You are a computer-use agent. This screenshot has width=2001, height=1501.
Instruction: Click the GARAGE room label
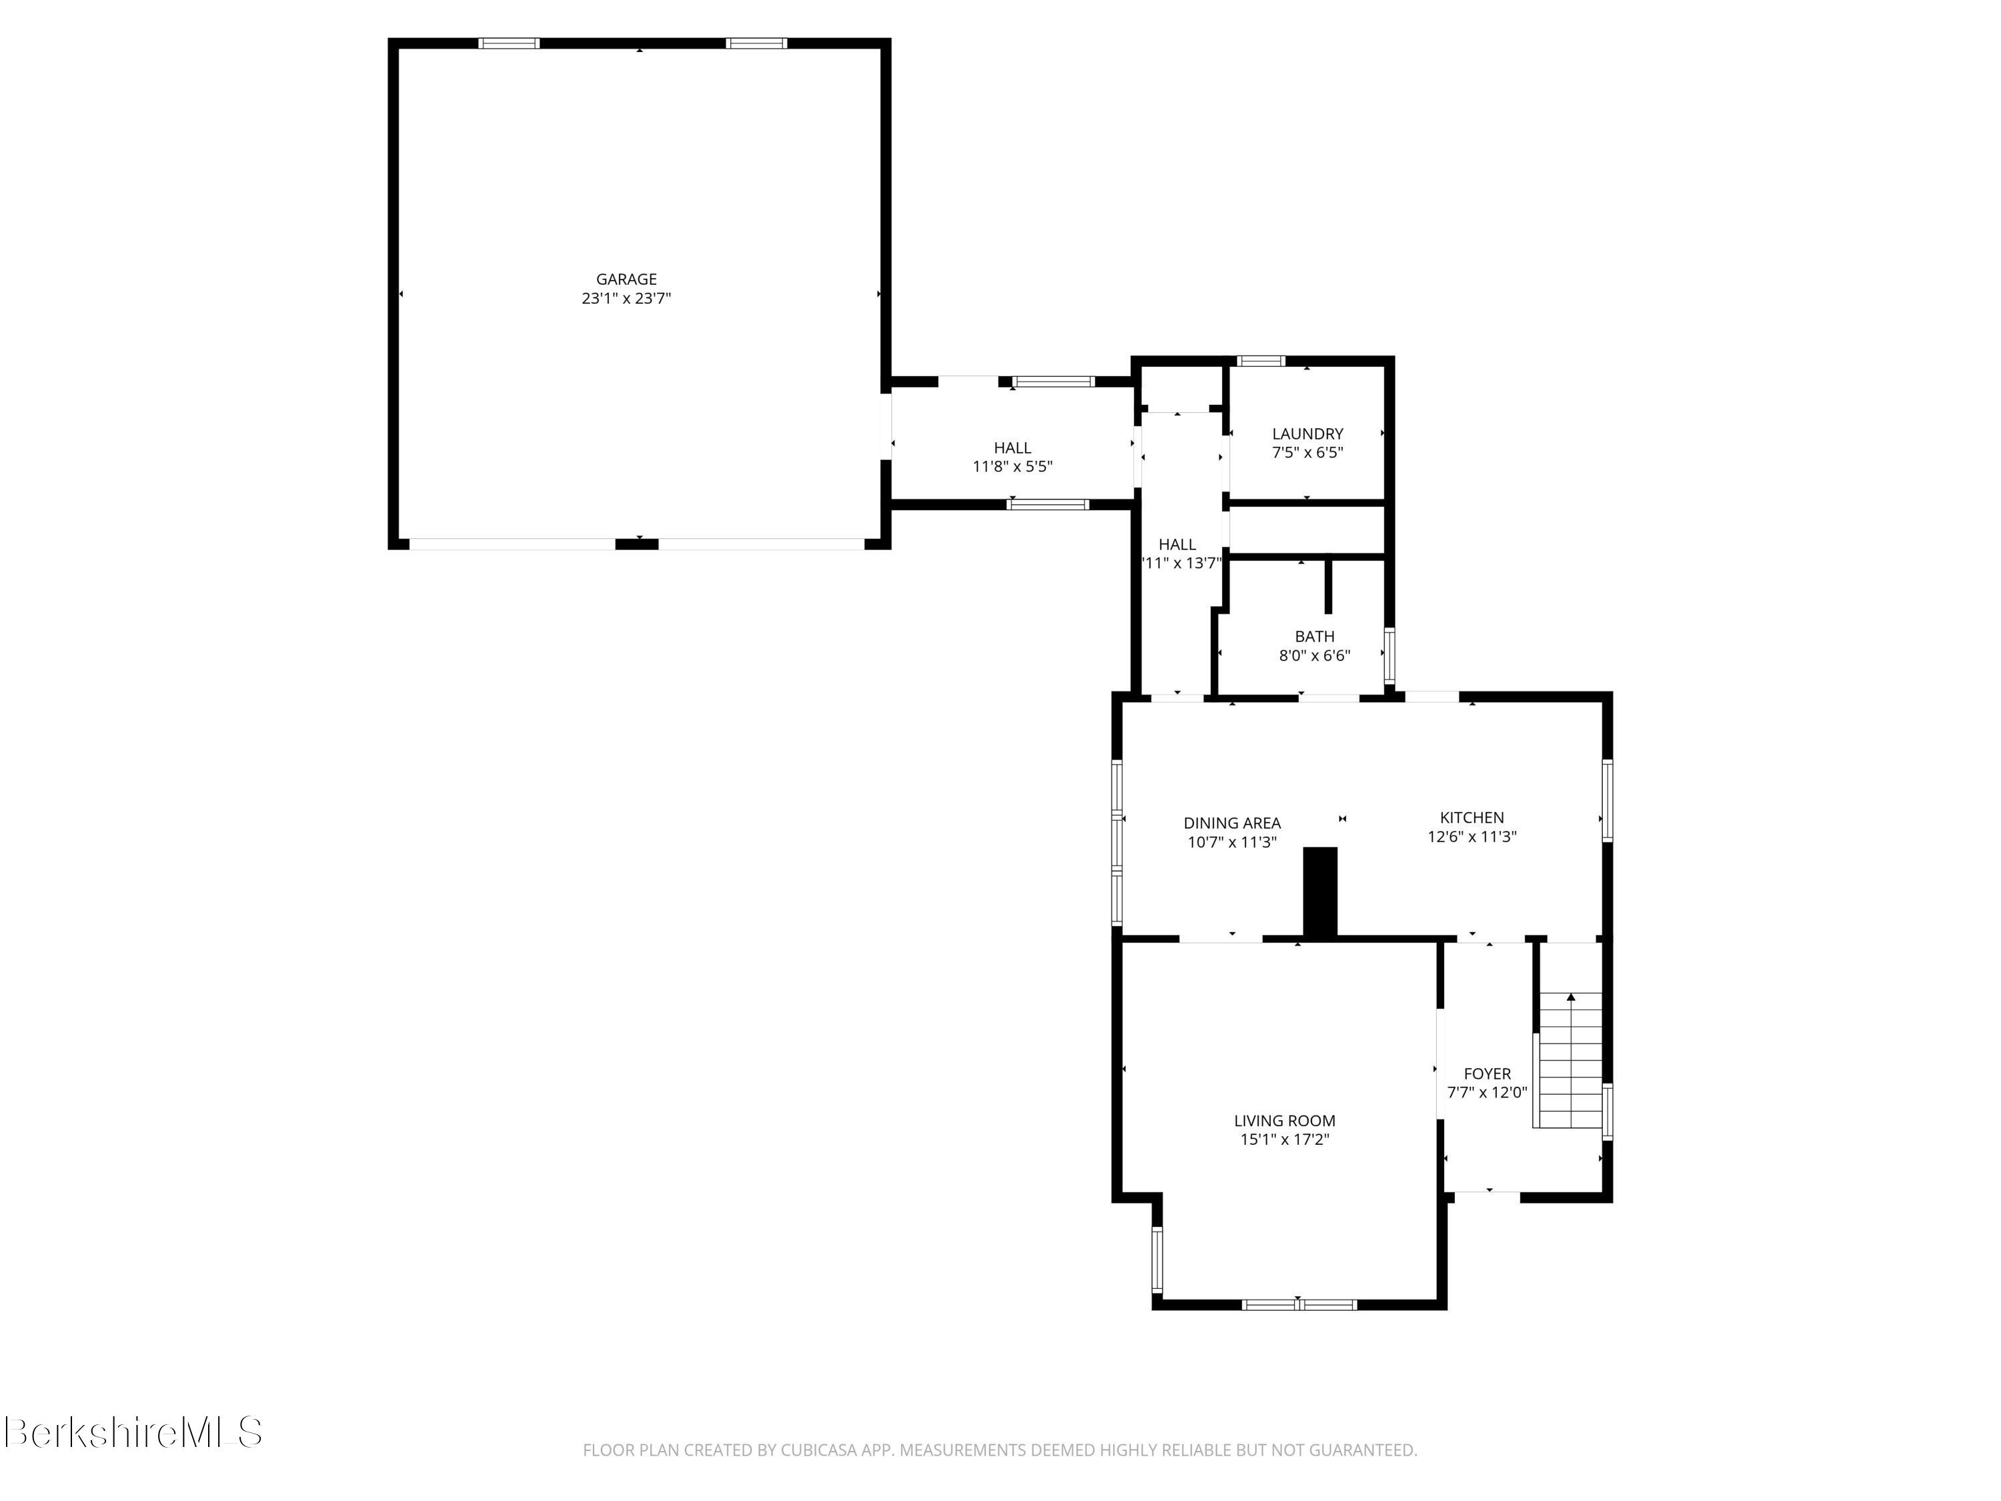click(626, 280)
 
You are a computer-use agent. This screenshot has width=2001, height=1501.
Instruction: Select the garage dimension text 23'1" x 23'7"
click(626, 299)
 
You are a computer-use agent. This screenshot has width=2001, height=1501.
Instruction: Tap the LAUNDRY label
click(1307, 434)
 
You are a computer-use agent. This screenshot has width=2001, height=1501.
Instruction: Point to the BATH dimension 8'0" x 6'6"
click(1315, 656)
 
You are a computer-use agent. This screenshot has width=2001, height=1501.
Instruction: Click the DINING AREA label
click(1232, 823)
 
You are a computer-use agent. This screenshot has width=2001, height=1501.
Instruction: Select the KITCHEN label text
click(1472, 818)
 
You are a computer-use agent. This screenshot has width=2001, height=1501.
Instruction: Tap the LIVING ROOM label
click(1285, 1121)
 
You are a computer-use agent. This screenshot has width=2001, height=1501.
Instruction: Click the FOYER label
click(1487, 1074)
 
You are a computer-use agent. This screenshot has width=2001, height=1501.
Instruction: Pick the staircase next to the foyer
click(1570, 1061)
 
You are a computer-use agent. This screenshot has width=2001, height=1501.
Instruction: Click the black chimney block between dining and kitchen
click(1320, 892)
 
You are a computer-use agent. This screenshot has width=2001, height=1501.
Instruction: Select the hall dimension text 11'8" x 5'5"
click(1013, 467)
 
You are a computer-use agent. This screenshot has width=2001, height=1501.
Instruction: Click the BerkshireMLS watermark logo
click(133, 1432)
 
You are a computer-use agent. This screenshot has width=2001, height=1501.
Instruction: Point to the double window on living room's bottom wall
click(1299, 1305)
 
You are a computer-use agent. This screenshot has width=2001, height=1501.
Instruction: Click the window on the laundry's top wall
click(1261, 361)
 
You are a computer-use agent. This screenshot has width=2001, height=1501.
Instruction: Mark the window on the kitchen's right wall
click(1607, 801)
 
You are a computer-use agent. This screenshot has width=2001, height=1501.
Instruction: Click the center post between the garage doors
click(637, 544)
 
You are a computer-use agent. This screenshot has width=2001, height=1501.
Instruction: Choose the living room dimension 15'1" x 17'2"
click(1285, 1140)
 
